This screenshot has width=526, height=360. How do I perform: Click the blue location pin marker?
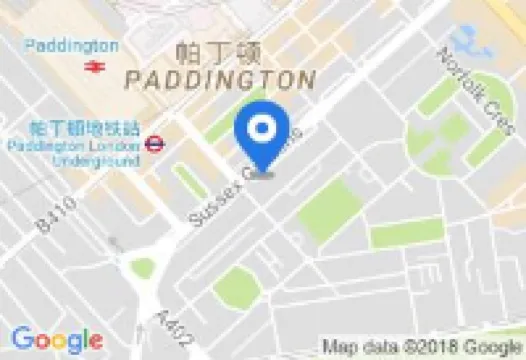pos(262,135)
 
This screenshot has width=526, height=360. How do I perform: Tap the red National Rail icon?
pos(96,66)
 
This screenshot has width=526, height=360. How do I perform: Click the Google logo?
pos(57,340)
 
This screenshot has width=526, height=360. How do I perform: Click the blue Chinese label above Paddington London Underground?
pos(84,127)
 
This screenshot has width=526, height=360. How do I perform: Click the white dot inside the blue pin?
pos(262,126)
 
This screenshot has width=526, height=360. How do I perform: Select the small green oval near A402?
pos(143,267)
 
